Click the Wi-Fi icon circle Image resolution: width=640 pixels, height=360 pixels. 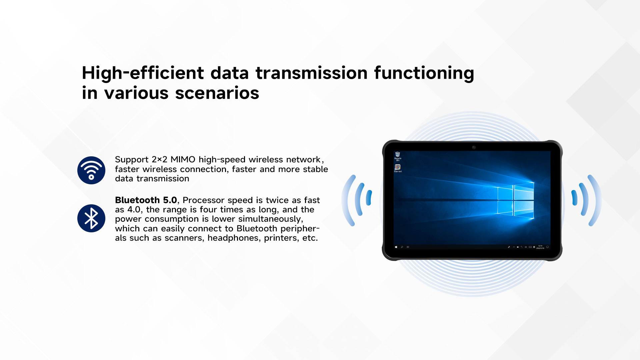(x=91, y=170)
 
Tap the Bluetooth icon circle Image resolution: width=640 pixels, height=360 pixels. (x=91, y=218)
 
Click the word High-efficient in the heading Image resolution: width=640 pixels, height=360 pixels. (x=143, y=73)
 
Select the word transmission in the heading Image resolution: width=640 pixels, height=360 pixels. (x=312, y=73)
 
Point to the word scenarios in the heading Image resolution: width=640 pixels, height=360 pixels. (x=217, y=93)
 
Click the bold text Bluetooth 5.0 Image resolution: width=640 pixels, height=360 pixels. (x=146, y=200)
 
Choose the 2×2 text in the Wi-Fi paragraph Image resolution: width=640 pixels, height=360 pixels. (x=159, y=160)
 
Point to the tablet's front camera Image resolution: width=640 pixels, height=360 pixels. (x=474, y=147)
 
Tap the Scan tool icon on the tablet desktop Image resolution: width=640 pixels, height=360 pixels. (x=398, y=168)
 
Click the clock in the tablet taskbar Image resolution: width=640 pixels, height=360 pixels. (x=540, y=247)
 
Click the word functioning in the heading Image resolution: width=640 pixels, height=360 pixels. (x=424, y=73)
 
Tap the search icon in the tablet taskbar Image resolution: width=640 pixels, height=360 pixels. (x=402, y=247)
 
